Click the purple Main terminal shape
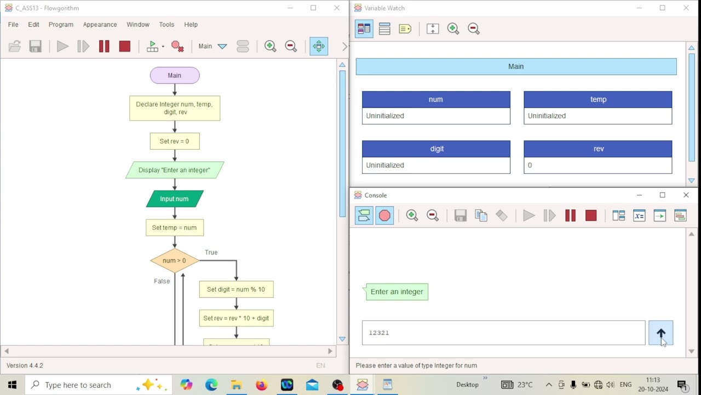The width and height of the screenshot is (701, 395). point(174,76)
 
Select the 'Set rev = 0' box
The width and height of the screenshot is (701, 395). point(174,141)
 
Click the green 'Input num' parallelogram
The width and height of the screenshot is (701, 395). point(174,199)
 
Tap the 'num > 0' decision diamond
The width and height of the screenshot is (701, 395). point(174,261)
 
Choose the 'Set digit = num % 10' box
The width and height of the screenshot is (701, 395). point(236,290)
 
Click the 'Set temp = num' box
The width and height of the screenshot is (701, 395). point(174,228)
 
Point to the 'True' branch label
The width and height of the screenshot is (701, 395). point(211,252)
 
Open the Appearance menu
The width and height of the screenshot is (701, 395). point(100,25)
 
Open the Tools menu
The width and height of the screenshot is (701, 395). point(166,25)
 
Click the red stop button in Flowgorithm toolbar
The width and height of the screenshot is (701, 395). point(125,47)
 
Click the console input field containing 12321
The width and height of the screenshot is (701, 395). point(503,333)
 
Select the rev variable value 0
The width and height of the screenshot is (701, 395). point(597,165)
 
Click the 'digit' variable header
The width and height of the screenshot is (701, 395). point(436,149)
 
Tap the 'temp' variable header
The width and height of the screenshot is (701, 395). point(597,99)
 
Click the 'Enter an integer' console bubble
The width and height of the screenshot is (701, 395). point(397,292)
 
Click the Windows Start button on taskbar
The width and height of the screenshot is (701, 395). point(12,385)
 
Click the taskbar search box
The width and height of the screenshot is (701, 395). point(88,385)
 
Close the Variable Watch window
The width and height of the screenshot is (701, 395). point(686,8)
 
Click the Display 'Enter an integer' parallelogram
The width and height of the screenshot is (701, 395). point(174,170)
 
